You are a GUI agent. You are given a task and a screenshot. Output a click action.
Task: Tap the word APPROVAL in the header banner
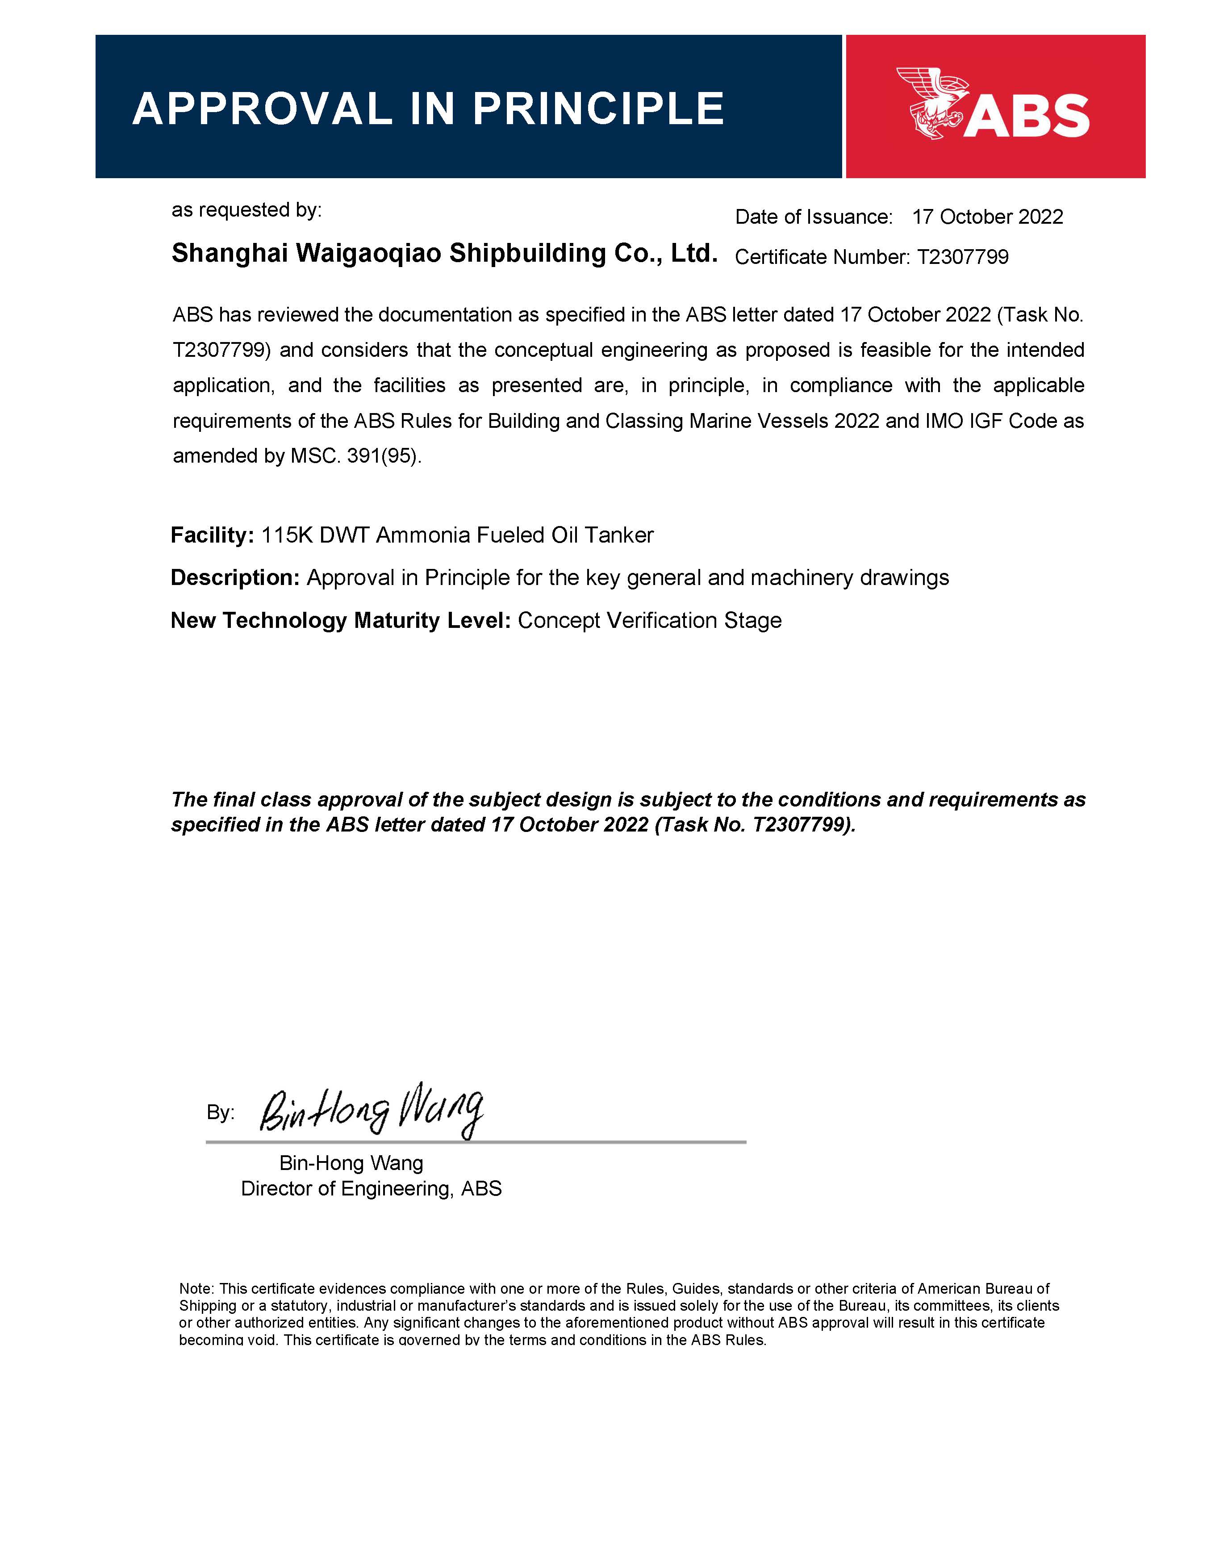click(x=263, y=109)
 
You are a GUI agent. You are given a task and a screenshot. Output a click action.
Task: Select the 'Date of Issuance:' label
click(x=814, y=217)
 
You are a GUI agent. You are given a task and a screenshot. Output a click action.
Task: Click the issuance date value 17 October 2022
click(x=987, y=217)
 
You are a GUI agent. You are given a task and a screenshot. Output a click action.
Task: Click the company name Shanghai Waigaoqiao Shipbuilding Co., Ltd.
click(x=444, y=253)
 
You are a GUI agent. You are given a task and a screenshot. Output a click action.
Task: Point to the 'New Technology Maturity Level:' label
click(x=340, y=621)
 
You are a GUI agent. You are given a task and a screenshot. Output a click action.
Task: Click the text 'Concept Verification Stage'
click(x=649, y=621)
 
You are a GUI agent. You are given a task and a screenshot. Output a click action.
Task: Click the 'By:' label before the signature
click(x=220, y=1113)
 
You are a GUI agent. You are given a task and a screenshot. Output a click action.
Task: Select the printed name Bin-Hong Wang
click(x=351, y=1163)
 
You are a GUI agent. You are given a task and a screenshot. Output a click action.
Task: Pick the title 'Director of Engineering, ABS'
click(x=371, y=1189)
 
